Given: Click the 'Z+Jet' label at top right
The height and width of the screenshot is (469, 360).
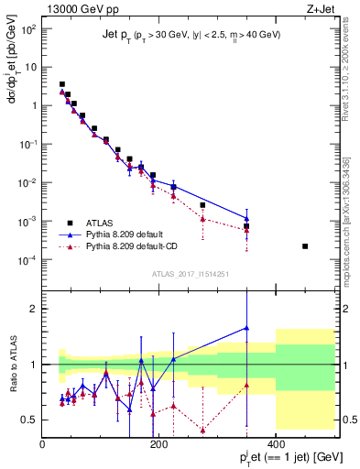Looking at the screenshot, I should coord(321,10).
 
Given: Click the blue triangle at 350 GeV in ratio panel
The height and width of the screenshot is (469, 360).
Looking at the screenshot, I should coord(246,327).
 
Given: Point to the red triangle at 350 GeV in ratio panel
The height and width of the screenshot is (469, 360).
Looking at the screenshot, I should coord(246,385).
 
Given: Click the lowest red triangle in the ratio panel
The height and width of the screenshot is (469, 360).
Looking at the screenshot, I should coord(202,430).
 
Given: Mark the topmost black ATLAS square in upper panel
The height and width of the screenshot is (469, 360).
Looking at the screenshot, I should coord(62,84).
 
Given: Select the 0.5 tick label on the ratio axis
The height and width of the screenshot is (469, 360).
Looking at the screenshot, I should coord(30,420).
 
